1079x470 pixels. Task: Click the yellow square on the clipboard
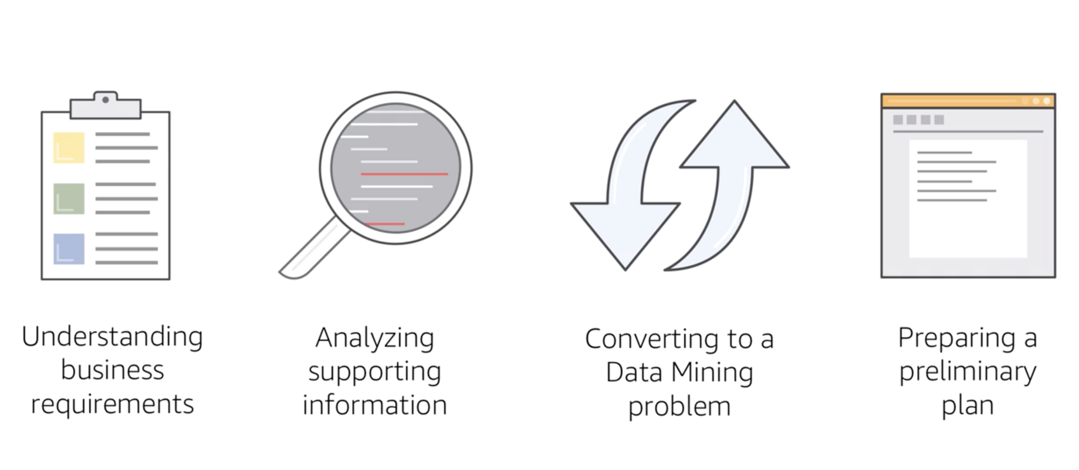(x=69, y=147)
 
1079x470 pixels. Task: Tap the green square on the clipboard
(x=69, y=198)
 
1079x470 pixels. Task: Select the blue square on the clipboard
(x=69, y=249)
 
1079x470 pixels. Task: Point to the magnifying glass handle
(x=311, y=249)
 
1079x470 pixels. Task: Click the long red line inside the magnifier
(x=404, y=174)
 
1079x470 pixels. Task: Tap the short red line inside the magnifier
(x=384, y=224)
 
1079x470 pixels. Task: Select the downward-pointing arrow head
(x=625, y=232)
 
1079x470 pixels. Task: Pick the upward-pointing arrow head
(x=735, y=138)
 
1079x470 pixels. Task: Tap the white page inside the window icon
(x=968, y=200)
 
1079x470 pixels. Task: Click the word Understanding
(x=112, y=337)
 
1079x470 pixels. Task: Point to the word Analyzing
(x=374, y=339)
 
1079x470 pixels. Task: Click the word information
(x=374, y=405)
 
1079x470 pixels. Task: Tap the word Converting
(x=651, y=339)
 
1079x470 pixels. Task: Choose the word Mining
(x=712, y=373)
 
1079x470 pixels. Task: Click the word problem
(x=679, y=407)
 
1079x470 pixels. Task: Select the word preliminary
(x=968, y=372)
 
